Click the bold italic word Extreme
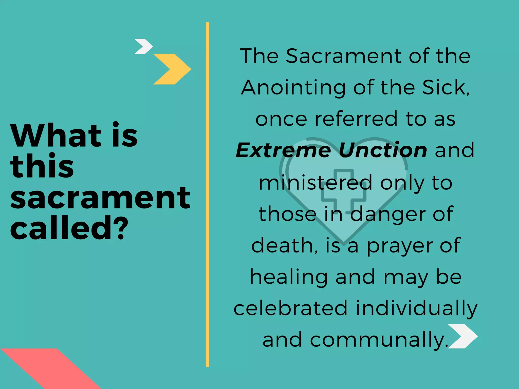[x=283, y=150]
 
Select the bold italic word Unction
[x=383, y=150]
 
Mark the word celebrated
[x=290, y=308]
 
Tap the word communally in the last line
[x=378, y=340]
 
